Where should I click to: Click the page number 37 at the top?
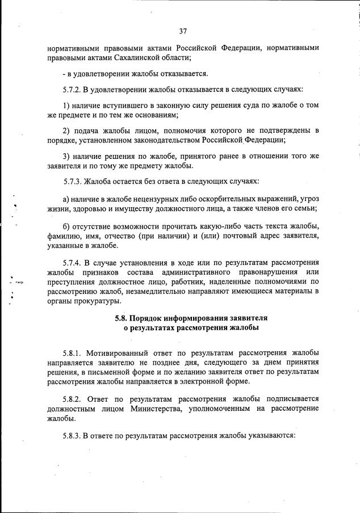tap(183, 31)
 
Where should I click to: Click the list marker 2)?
tap(66, 131)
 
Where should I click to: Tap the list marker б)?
tap(66, 224)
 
